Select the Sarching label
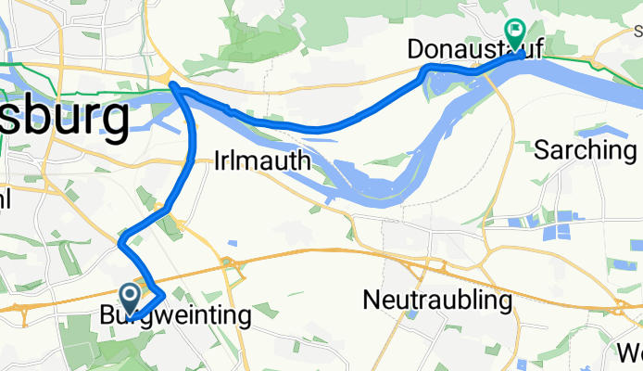[584, 149]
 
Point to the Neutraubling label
[437, 301]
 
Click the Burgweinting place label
[175, 315]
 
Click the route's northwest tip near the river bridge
[173, 86]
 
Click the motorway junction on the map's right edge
[624, 309]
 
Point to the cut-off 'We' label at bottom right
[633, 352]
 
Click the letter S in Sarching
[543, 149]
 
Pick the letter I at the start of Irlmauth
[218, 160]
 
